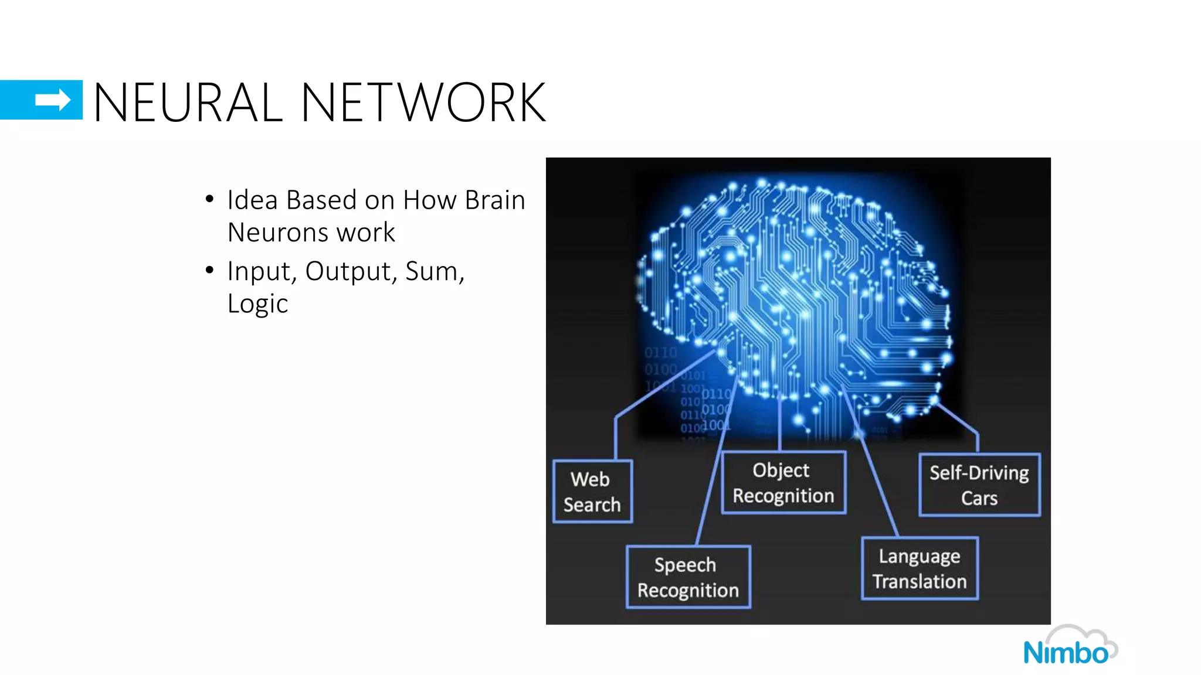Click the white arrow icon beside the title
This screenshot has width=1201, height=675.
coord(52,100)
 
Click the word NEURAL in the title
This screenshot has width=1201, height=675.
coord(188,103)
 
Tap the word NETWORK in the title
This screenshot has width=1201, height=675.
coord(423,103)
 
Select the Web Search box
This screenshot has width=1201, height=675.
coord(592,492)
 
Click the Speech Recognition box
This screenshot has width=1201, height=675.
coord(688,577)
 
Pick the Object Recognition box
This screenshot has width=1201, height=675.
coord(783,483)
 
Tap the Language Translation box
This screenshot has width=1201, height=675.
coord(920,568)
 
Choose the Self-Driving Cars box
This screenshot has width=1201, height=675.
coord(979,485)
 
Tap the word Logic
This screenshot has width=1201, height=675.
coord(257,304)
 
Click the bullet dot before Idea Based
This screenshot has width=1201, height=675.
coord(209,200)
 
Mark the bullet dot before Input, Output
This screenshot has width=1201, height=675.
coord(209,270)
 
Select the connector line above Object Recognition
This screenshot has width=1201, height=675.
coord(779,425)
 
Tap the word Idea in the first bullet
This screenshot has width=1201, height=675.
coord(252,200)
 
